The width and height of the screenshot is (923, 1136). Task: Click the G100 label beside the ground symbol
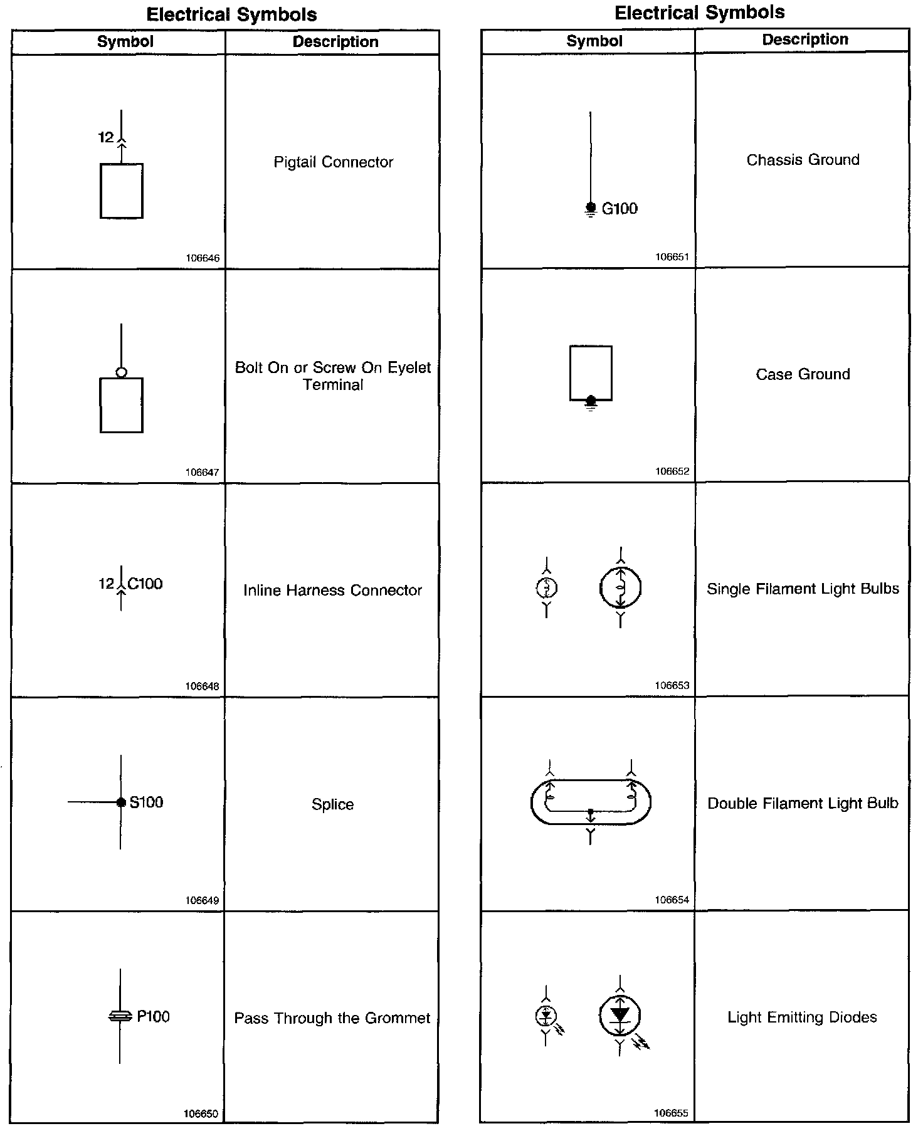620,209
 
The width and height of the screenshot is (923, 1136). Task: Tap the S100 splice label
146,802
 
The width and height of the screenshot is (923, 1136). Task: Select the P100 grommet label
153,1016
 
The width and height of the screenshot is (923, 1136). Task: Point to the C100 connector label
145,584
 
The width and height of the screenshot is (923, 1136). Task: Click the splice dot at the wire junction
122,802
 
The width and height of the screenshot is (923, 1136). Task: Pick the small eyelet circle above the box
122,372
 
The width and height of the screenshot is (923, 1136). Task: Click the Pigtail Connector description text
333,162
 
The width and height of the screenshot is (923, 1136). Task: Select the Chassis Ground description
803,160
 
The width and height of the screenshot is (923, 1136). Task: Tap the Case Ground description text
803,374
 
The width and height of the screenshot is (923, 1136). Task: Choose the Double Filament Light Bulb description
803,803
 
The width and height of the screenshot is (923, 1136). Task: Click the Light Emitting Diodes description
802,1017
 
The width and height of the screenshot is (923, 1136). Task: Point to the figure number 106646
203,258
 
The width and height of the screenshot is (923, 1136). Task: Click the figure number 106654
672,900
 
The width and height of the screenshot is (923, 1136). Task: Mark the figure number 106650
201,1114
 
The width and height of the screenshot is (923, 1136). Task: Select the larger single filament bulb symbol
620,588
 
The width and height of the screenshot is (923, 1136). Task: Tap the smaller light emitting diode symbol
546,1014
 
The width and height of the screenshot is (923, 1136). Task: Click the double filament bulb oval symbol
591,802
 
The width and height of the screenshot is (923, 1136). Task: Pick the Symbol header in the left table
125,42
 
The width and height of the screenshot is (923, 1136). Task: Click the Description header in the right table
805,39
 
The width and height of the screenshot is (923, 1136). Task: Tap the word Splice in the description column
332,804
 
